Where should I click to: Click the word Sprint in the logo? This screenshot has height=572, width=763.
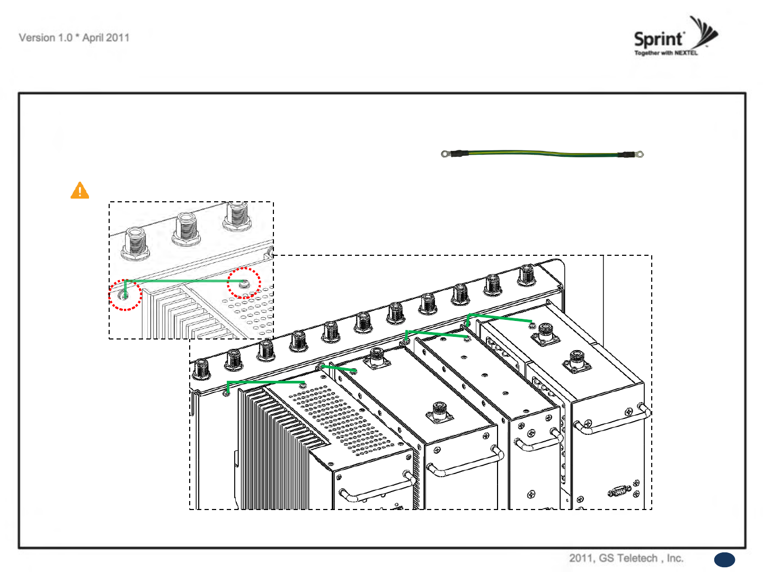[x=659, y=39]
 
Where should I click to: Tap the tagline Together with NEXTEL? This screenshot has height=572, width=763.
[x=666, y=53]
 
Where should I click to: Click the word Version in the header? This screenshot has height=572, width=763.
[x=37, y=38]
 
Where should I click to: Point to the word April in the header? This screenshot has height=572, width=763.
[x=93, y=38]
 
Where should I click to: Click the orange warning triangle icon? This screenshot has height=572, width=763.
[x=80, y=191]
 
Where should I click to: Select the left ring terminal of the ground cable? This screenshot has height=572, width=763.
[x=445, y=154]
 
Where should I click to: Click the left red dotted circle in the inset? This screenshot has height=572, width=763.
[x=126, y=295]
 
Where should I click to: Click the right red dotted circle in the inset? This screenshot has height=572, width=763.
[x=244, y=283]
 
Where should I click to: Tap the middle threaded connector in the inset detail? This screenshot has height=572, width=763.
[x=187, y=229]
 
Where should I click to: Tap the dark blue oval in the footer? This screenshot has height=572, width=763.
[x=724, y=560]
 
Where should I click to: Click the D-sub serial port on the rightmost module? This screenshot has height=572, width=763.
[x=618, y=491]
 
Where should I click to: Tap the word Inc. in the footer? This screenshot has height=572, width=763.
[x=675, y=558]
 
